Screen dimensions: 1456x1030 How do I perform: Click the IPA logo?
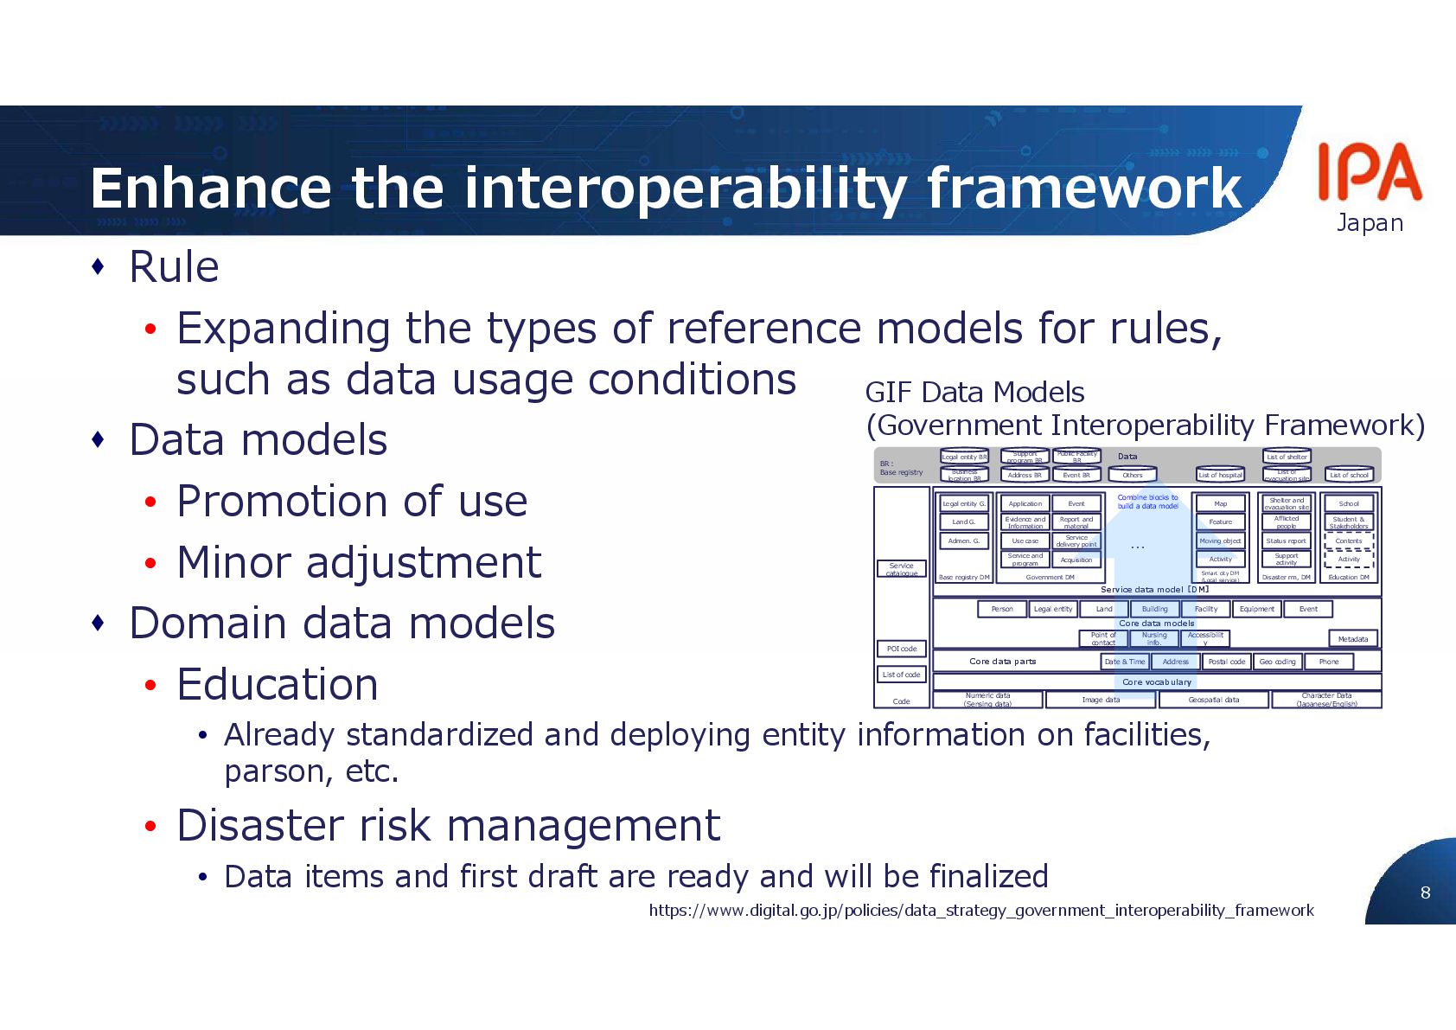point(1369,172)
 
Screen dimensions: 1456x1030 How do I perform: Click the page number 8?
point(1425,892)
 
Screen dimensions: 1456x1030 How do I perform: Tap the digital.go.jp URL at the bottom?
point(980,910)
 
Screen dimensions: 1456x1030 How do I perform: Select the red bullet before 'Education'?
point(151,686)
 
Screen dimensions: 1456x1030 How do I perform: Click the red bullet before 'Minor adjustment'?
point(151,564)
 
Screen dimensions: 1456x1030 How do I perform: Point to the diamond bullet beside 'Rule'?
point(99,266)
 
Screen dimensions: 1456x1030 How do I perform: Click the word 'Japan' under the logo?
point(1370,223)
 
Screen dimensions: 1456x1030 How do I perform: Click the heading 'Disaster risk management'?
point(448,825)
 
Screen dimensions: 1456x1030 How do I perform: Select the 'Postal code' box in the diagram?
point(1226,662)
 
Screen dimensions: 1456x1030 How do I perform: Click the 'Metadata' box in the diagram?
point(1352,639)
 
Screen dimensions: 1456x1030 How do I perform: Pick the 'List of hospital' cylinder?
point(1220,475)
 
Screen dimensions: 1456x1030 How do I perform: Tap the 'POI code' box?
point(901,649)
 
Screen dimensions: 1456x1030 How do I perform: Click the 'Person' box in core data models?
point(1001,609)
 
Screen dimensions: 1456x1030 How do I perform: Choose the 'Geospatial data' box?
point(1213,700)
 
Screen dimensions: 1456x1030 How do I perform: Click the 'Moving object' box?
point(1220,541)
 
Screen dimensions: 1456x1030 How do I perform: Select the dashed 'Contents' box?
point(1348,541)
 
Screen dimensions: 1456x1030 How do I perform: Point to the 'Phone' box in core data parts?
point(1328,662)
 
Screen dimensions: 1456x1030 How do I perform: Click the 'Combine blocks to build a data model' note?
point(1147,502)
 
